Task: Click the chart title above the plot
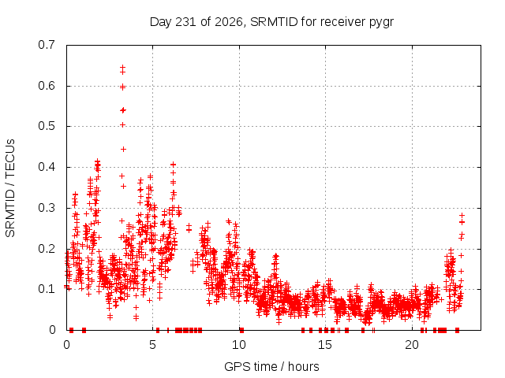[x=271, y=22]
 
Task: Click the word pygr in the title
[x=381, y=23]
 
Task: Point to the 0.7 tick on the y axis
[x=47, y=45]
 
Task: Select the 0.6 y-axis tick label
[x=47, y=86]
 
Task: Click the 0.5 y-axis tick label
[x=47, y=126]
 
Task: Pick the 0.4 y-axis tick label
[x=47, y=167]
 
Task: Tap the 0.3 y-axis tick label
[x=47, y=208]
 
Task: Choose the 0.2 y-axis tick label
[x=47, y=249]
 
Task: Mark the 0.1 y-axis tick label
[x=47, y=289]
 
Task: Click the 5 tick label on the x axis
[x=152, y=345]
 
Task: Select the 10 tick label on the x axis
[x=239, y=345]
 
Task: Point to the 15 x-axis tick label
[x=325, y=345]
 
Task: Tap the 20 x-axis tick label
[x=412, y=345]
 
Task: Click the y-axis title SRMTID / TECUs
[x=10, y=188]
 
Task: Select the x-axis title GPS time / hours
[x=271, y=366]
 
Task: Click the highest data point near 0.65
[x=123, y=68]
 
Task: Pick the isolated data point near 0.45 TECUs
[x=123, y=149]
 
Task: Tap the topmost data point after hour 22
[x=462, y=215]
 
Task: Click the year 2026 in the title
[x=229, y=22]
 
